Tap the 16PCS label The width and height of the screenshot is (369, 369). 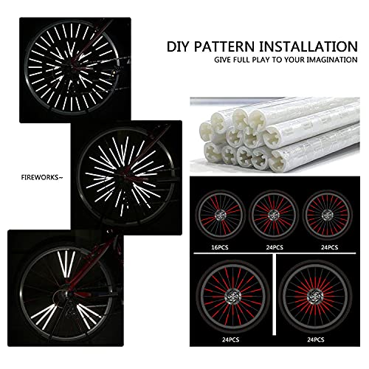(220, 247)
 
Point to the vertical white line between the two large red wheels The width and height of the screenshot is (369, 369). (275, 294)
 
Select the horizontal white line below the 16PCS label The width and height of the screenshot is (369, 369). (275, 253)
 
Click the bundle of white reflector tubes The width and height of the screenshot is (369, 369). (275, 134)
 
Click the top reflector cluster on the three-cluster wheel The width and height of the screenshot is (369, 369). (66, 263)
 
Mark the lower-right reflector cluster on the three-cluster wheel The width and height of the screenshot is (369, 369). (89, 314)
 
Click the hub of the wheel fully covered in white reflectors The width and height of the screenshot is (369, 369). (72, 67)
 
